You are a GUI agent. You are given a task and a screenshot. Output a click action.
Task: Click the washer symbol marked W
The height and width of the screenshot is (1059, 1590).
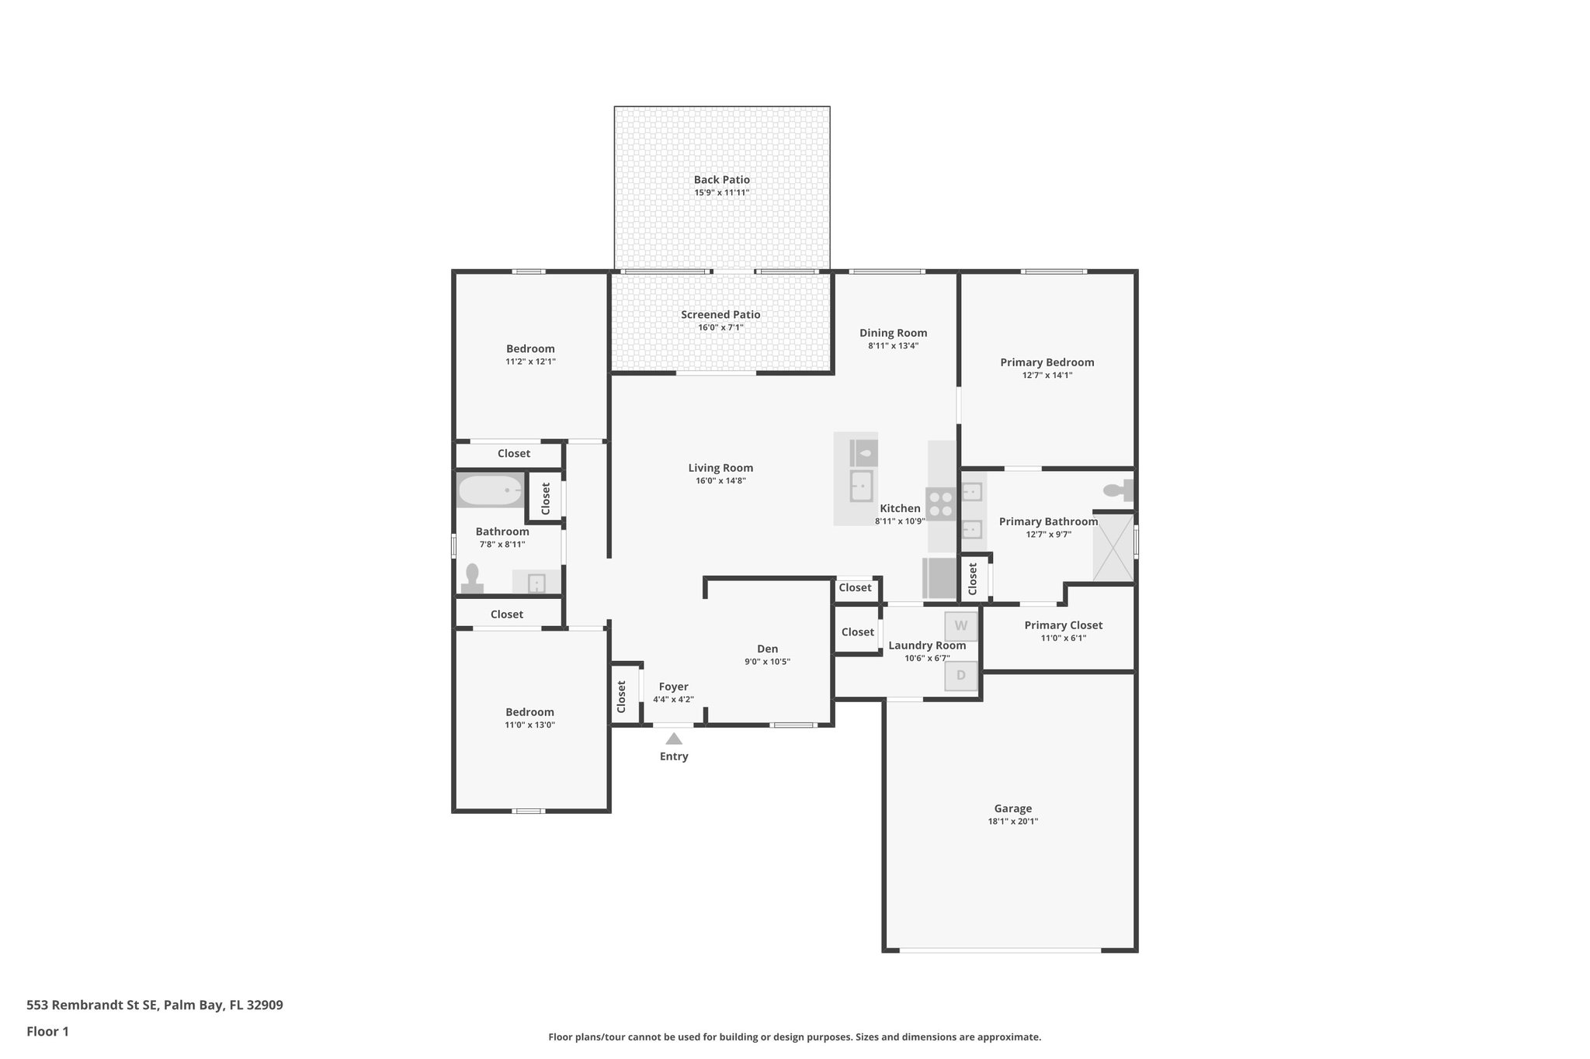[x=960, y=626]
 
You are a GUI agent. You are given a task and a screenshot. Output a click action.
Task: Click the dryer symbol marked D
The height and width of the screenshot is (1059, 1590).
[x=960, y=676]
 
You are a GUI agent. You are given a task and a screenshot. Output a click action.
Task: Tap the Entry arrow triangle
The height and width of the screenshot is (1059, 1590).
[x=674, y=739]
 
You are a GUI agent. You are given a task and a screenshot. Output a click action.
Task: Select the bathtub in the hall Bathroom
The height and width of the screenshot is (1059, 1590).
[x=490, y=490]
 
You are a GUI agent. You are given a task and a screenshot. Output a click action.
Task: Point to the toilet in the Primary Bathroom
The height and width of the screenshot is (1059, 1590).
[x=1118, y=490]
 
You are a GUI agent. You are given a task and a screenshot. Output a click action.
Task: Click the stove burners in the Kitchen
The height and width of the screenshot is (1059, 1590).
[x=941, y=504]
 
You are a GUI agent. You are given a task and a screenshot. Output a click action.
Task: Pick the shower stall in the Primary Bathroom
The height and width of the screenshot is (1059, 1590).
[x=1113, y=546]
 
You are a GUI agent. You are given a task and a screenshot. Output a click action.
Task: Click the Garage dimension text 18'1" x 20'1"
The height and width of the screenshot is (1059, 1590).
[x=1012, y=821]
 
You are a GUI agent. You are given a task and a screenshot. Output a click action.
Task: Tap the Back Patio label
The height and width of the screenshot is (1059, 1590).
[x=721, y=179]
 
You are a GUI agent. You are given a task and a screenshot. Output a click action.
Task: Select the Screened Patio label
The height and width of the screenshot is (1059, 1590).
[x=720, y=314]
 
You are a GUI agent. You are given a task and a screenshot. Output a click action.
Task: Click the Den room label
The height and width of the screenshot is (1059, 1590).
[x=767, y=649]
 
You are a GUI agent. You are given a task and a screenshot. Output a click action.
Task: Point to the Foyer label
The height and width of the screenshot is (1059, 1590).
[x=673, y=687]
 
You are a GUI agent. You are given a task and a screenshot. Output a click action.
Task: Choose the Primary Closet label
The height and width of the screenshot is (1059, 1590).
[x=1063, y=625]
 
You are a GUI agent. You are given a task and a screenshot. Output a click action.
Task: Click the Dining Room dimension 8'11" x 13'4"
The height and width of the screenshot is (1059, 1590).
[x=893, y=346]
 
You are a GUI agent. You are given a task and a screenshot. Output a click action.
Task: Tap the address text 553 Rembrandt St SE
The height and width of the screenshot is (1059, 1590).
[x=92, y=1005]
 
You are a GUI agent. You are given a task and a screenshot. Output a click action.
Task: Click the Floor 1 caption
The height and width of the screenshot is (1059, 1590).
[x=47, y=1032]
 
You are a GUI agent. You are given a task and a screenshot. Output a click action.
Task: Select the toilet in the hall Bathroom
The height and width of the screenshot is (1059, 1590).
[x=472, y=579]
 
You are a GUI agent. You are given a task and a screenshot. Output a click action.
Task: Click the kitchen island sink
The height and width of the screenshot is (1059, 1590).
[x=861, y=486]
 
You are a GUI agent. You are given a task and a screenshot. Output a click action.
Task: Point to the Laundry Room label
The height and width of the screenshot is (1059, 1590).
[x=927, y=645]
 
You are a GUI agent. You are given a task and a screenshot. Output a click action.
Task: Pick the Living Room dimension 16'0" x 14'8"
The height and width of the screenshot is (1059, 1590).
[x=720, y=481]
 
